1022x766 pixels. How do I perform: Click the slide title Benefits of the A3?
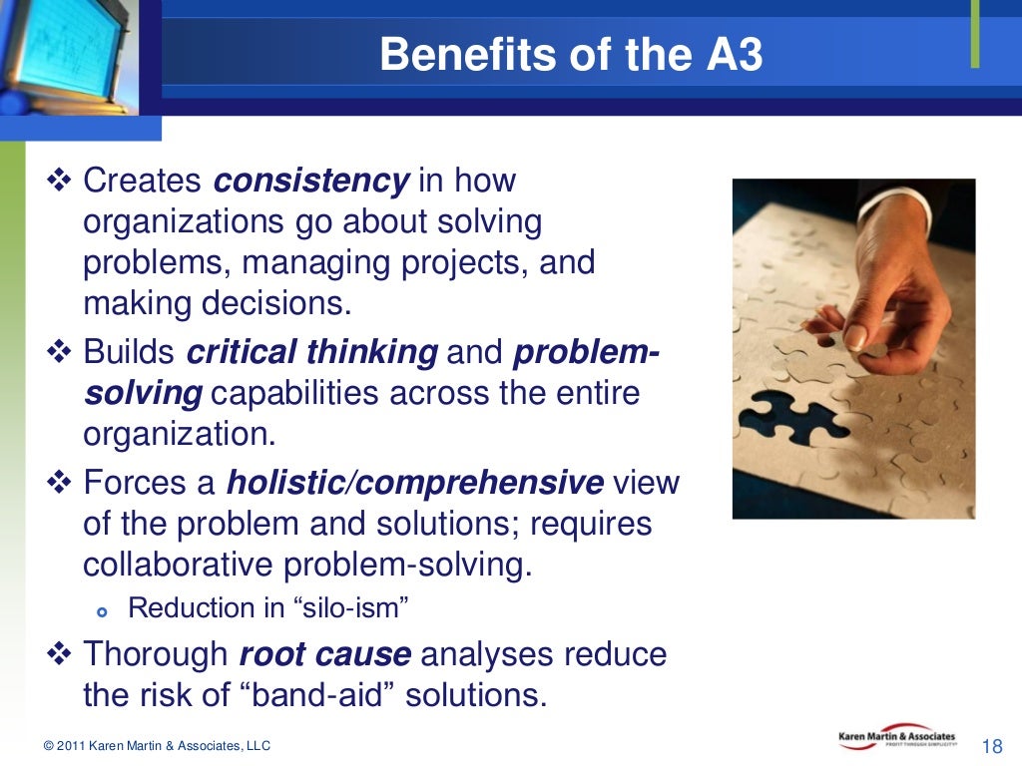[571, 56]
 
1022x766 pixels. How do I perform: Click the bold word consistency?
[311, 182]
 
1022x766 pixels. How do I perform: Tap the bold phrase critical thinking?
[311, 353]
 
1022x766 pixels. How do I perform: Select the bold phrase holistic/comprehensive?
[414, 484]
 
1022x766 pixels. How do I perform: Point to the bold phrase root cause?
[324, 655]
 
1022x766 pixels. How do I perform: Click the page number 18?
[992, 746]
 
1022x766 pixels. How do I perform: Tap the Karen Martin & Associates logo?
[896, 739]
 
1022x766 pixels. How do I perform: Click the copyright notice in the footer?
[157, 746]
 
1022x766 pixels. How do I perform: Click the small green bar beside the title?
[974, 36]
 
